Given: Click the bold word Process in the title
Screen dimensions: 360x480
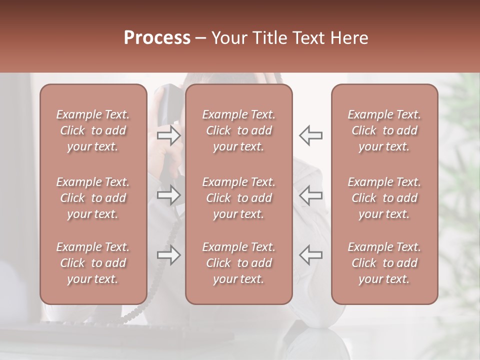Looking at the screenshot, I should [157, 38].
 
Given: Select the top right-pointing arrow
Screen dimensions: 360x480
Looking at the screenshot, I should [169, 135].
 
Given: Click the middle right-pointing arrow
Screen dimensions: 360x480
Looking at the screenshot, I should [169, 195].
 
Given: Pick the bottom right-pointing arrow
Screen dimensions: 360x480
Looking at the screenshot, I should [169, 255].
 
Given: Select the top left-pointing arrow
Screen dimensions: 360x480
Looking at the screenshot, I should [311, 135].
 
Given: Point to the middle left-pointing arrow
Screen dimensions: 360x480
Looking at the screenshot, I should [311, 195].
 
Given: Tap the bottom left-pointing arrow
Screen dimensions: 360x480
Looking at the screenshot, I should [311, 255].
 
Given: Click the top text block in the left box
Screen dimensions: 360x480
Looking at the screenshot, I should [93, 130].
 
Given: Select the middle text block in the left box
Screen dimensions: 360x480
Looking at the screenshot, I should [93, 198].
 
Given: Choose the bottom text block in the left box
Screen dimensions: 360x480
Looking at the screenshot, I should [93, 263].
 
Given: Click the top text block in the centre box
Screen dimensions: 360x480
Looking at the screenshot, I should [238, 130].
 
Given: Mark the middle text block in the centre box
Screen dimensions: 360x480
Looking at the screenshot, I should [238, 198].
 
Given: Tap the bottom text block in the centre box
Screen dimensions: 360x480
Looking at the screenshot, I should [238, 263].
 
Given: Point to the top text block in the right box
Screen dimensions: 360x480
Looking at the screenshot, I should [384, 130].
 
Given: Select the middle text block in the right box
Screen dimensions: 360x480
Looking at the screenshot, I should [384, 198].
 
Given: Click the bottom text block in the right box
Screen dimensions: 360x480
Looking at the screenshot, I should [384, 263].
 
